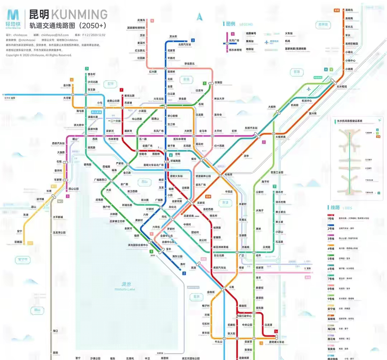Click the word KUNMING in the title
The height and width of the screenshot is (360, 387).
79,15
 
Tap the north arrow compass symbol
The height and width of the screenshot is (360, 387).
200,16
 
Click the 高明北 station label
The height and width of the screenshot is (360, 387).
349,10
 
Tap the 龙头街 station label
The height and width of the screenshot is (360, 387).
173,37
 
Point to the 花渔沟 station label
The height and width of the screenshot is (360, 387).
141,20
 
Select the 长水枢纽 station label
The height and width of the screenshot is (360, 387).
342,86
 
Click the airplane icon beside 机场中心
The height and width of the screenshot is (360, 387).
309,89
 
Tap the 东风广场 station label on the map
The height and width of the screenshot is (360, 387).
158,131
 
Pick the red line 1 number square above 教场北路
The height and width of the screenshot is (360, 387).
122,90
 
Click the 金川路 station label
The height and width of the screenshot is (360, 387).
67,86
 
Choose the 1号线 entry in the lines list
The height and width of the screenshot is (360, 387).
331,218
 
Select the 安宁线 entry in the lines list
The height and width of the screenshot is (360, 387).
331,309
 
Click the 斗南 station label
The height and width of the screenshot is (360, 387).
231,287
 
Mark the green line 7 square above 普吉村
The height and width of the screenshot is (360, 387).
86,68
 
